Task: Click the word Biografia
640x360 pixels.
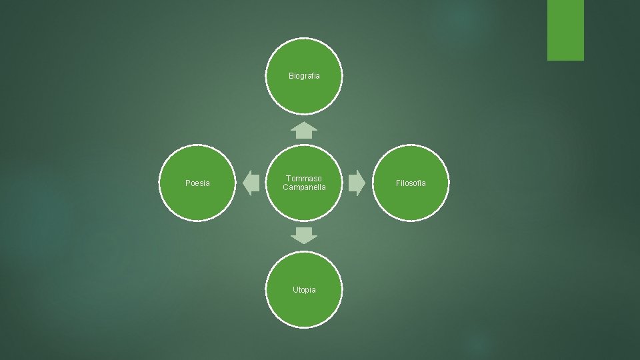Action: tap(304, 76)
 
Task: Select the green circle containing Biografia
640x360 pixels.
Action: tap(304, 93)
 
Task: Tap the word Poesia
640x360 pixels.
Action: tap(197, 183)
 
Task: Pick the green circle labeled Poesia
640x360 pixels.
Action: tap(197, 200)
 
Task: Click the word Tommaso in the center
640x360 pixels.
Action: tap(304, 179)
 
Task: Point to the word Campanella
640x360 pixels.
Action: tap(304, 188)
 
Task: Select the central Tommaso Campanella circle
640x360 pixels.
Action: tap(304, 203)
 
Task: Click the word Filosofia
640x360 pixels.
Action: tap(411, 183)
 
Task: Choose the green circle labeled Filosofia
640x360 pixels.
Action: tap(411, 200)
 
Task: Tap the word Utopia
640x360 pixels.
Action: tap(304, 290)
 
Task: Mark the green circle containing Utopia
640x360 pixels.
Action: tap(304, 307)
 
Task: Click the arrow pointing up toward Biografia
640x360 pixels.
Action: tap(305, 130)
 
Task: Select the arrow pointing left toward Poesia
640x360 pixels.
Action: tap(251, 183)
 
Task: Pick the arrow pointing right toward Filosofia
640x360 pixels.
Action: tap(357, 183)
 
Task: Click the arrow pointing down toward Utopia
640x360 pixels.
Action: tap(305, 235)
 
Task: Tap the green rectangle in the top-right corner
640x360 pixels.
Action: tap(565, 30)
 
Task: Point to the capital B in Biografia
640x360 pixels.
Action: tap(291, 76)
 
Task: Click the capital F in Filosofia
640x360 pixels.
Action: tap(398, 183)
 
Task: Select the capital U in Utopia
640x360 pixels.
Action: tap(295, 290)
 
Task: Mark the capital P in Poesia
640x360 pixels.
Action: tap(187, 183)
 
